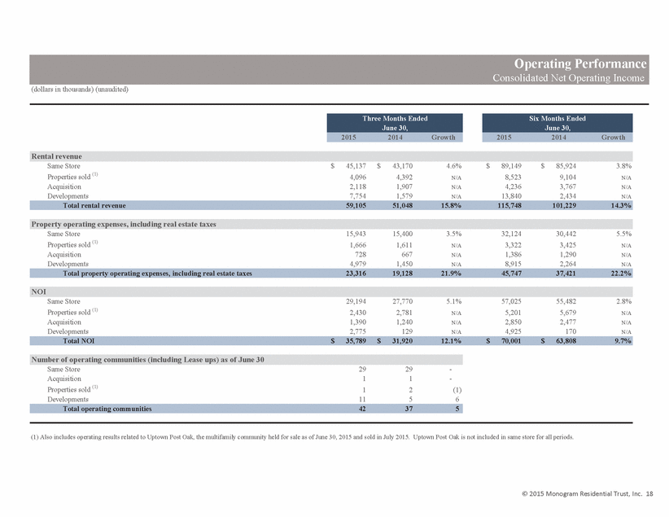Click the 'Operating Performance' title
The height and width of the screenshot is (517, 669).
click(x=580, y=64)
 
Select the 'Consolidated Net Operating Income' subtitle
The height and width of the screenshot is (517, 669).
click(x=568, y=77)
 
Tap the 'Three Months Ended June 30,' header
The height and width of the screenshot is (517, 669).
click(x=395, y=123)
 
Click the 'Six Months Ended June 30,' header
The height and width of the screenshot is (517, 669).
click(x=557, y=123)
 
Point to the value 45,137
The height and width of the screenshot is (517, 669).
click(x=356, y=165)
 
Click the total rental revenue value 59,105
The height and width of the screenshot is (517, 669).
click(x=356, y=205)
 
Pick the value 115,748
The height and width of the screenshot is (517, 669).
click(x=509, y=205)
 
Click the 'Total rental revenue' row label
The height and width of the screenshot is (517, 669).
click(x=94, y=205)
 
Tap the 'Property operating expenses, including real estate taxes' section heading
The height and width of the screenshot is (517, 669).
click(x=124, y=224)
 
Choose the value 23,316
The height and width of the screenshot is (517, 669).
click(x=356, y=274)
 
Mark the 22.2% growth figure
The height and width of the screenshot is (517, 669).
click(x=621, y=274)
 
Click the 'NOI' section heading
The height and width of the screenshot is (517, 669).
click(x=38, y=291)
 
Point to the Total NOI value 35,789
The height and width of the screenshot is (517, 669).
click(x=356, y=340)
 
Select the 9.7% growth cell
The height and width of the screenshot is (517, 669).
click(x=623, y=340)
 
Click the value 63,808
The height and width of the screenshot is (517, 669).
click(x=566, y=340)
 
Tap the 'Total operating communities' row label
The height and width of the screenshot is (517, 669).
click(x=107, y=409)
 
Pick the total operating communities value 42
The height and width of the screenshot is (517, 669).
click(x=362, y=409)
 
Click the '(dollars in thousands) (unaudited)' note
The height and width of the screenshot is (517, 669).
click(x=80, y=90)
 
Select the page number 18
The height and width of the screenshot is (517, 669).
click(x=649, y=493)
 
